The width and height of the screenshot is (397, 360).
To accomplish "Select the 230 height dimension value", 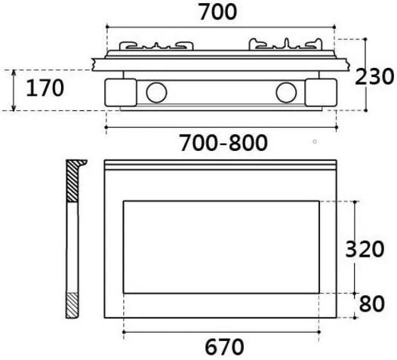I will click(x=375, y=76).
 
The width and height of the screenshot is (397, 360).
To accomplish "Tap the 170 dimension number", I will click(x=45, y=88).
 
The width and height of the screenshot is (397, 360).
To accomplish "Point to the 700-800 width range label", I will click(x=223, y=142).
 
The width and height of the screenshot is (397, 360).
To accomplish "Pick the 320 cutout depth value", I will click(x=365, y=248).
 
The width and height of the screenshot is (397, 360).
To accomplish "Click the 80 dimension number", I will click(x=371, y=305).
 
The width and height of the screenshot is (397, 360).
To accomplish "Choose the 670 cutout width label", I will click(x=224, y=347).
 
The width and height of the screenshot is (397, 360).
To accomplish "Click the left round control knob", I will click(x=156, y=93).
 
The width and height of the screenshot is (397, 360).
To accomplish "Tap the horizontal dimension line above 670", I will click(x=224, y=331).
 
